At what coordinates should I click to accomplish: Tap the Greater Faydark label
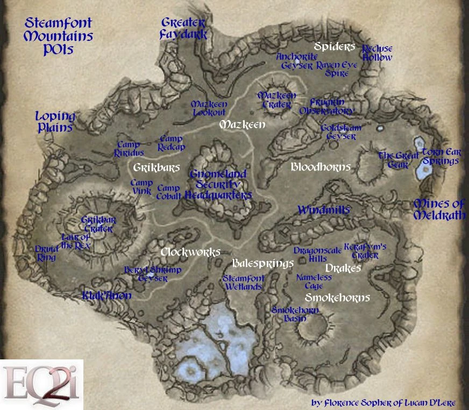(184, 29)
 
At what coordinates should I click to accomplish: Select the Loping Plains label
(55, 122)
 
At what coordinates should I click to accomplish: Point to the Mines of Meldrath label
(438, 209)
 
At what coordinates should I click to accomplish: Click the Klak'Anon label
(106, 295)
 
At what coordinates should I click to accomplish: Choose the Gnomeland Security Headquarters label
(218, 185)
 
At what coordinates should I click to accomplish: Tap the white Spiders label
(335, 47)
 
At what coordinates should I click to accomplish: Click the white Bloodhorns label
(321, 167)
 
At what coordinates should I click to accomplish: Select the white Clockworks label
(190, 252)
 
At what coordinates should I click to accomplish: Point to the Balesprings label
(263, 263)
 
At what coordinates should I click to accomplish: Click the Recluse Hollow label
(377, 53)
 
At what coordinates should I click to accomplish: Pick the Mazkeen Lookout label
(209, 108)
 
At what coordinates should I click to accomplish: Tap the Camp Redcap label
(171, 143)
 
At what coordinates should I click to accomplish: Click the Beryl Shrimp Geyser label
(153, 274)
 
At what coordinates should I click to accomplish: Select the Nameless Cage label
(314, 282)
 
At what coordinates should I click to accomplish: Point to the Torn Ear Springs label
(440, 156)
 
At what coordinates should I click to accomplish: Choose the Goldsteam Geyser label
(341, 132)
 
